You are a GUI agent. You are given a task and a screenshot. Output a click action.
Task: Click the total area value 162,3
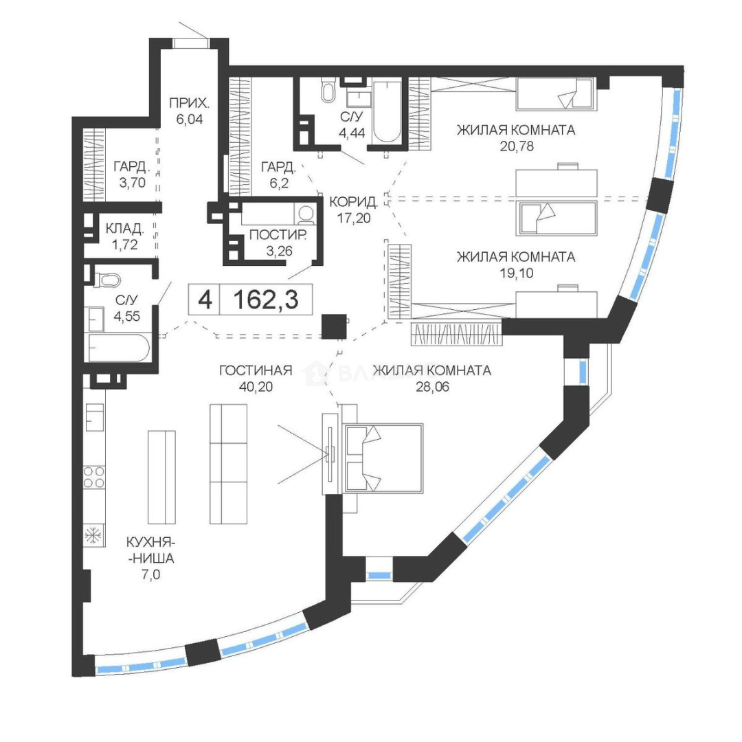266,299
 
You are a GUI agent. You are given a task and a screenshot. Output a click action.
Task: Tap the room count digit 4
205,300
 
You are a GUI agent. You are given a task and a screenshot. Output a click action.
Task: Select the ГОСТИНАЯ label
256,370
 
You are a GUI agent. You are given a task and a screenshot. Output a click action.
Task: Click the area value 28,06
433,387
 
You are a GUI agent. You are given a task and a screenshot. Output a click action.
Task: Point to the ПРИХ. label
190,102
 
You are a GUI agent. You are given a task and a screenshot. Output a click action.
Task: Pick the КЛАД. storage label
125,229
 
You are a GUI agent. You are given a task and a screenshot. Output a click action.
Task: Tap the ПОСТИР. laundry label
279,235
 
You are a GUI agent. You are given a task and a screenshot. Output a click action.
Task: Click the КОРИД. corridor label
354,202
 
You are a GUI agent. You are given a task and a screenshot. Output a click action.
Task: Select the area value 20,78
517,146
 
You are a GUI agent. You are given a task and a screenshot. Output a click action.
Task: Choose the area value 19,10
516,273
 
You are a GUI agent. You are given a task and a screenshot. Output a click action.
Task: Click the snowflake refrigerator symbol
93,536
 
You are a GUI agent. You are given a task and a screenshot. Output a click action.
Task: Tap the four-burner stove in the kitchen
94,477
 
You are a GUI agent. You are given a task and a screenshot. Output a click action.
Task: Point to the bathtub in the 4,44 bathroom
387,112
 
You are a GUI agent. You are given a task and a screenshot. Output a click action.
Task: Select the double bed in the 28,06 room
384,457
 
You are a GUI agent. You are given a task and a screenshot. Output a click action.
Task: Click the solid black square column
334,326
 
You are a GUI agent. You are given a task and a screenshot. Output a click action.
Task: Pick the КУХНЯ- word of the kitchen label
148,542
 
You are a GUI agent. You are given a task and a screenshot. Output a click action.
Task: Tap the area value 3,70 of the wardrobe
133,183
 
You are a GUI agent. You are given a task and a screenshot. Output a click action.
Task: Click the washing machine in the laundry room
304,213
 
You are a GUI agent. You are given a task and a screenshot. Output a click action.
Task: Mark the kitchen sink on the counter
95,417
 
